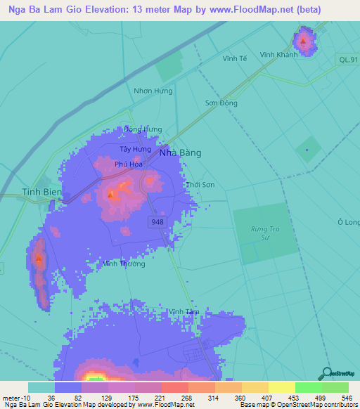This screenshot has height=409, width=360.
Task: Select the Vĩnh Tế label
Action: [235, 58]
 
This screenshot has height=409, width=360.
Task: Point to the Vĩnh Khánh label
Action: [278, 55]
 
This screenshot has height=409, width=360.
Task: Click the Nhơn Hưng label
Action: [153, 91]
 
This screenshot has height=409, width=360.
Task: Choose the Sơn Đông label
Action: [221, 103]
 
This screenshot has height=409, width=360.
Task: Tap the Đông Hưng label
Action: [142, 130]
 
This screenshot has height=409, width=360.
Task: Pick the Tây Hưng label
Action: [135, 150]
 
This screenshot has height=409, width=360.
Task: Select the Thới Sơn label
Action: [200, 184]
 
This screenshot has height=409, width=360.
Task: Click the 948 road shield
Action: [157, 221]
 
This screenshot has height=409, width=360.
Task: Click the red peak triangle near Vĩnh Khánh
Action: [303, 41]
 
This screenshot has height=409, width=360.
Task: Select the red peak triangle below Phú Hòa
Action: [110, 193]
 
